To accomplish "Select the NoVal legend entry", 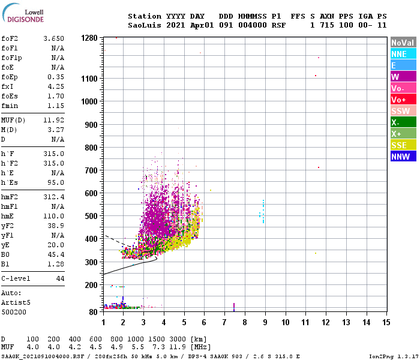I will [403, 43].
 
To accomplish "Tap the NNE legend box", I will [403, 54].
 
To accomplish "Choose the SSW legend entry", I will [403, 111].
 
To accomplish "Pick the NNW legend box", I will [403, 157].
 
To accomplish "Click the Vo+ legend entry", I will [403, 100].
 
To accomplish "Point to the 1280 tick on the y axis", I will [89, 38].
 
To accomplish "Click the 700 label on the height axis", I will [91, 171].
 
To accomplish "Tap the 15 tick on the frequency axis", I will [386, 322].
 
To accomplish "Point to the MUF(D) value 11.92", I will [53, 121].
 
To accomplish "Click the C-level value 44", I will [60, 279].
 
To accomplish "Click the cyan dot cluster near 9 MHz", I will [262, 213].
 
